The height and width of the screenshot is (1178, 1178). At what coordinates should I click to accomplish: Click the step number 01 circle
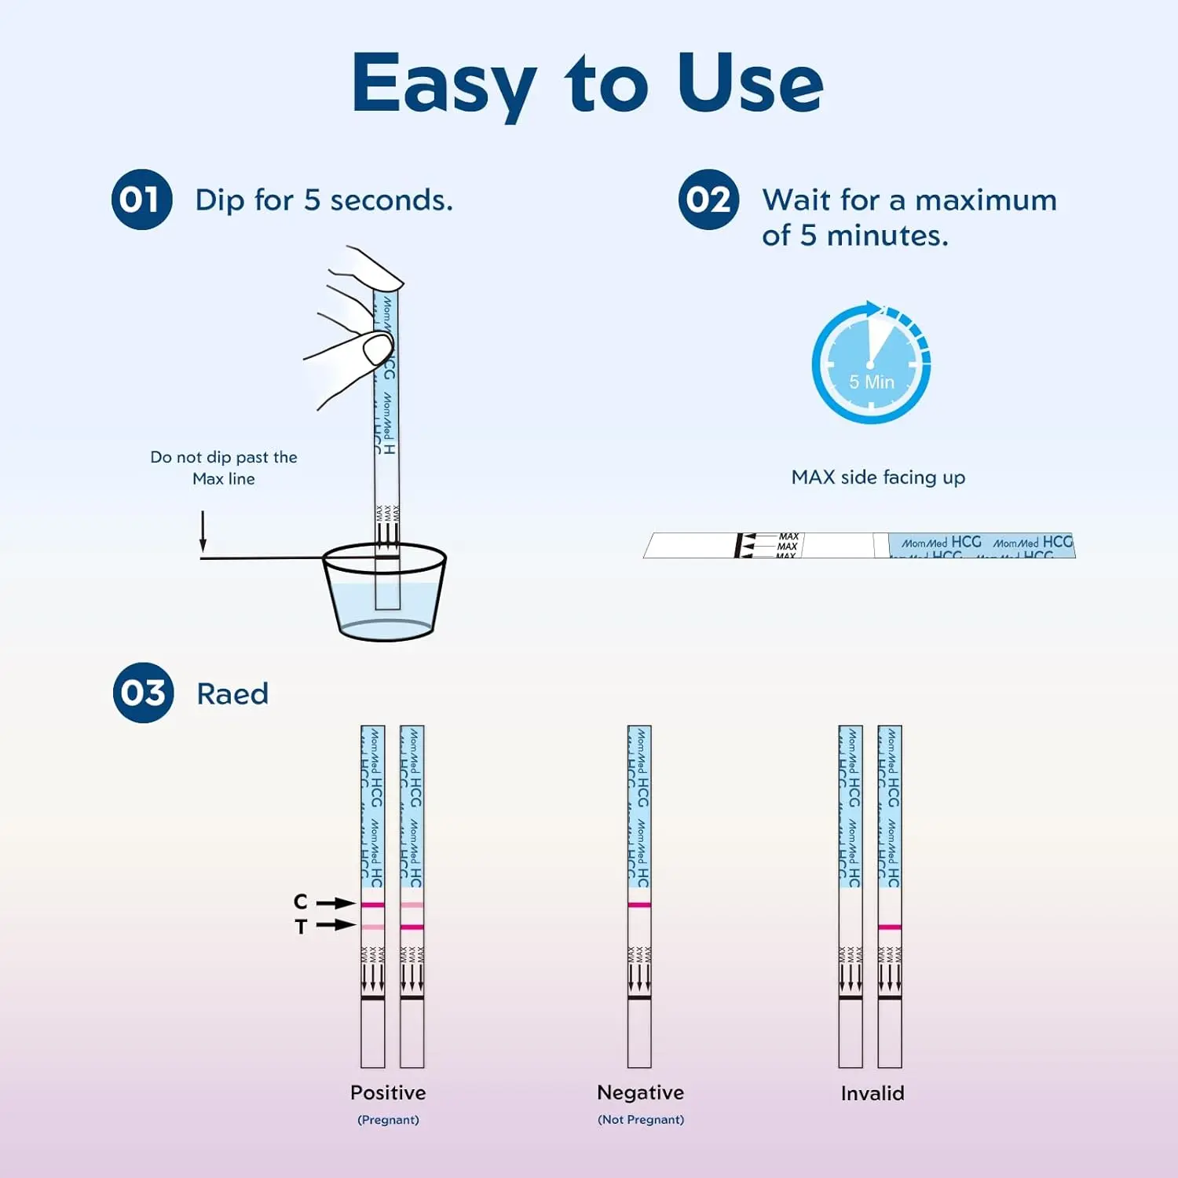141,199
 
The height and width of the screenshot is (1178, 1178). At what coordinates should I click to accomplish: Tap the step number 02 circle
708,199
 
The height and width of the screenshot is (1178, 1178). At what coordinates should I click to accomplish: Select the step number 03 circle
143,693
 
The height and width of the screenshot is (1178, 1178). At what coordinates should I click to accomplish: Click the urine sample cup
385,593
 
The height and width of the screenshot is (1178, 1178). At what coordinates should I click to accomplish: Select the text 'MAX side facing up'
878,477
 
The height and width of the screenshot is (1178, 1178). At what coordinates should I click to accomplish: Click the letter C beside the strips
301,902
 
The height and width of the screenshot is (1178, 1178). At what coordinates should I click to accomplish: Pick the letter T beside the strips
301,927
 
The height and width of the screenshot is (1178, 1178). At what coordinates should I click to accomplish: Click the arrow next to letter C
336,903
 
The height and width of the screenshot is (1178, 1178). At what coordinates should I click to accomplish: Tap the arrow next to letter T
336,925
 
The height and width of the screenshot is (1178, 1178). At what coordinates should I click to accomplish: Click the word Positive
388,1092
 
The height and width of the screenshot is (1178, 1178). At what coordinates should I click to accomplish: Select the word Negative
640,1092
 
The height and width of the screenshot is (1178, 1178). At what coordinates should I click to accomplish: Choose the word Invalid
873,1093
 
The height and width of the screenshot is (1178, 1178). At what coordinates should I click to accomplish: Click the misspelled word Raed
232,694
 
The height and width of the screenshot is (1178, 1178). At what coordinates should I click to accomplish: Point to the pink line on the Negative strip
639,905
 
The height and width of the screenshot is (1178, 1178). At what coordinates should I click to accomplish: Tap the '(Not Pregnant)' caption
641,1120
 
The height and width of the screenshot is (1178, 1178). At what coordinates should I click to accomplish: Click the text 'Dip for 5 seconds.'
324,200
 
